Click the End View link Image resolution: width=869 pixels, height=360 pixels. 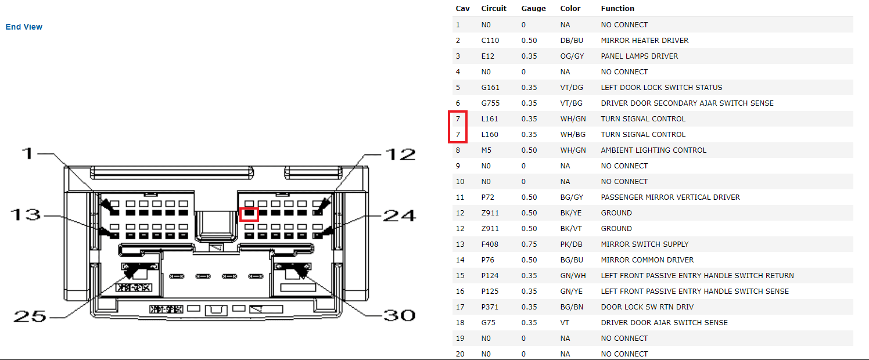(24, 27)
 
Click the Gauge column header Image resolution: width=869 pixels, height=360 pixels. (533, 9)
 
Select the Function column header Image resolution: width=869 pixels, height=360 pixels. (617, 9)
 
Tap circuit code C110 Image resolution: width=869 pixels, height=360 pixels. (490, 40)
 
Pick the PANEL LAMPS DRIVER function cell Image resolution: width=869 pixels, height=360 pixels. (640, 56)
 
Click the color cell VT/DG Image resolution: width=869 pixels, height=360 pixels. (572, 88)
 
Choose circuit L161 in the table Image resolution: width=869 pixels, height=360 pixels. (490, 119)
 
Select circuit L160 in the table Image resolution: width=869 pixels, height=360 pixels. (490, 135)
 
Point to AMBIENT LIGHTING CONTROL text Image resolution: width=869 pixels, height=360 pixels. (653, 150)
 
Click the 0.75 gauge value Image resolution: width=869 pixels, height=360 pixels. (529, 244)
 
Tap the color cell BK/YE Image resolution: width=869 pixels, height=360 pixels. (571, 213)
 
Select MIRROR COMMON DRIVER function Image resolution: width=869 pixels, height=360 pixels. (647, 260)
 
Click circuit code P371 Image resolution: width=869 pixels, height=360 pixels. (490, 307)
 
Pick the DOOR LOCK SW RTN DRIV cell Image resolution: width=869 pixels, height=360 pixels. (647, 307)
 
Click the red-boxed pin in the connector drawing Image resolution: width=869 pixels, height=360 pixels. (249, 213)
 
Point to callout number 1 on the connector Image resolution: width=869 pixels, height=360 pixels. (27, 153)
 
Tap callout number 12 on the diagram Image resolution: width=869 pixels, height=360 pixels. (400, 154)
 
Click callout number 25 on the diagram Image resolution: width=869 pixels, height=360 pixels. (30, 316)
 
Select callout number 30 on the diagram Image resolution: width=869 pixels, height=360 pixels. (399, 315)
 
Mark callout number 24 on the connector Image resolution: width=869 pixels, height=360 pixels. (400, 215)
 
